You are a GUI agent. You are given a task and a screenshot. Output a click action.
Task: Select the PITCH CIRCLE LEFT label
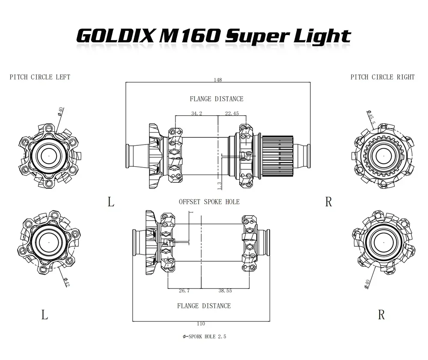40,77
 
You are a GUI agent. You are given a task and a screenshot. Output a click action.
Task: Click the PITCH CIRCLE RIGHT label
382,77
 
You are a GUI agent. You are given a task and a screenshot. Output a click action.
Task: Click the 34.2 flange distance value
196,113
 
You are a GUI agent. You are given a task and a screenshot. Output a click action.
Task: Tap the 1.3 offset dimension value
219,185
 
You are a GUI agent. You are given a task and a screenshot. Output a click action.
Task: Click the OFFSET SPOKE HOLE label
209,201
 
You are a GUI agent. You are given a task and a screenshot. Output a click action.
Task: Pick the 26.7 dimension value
184,291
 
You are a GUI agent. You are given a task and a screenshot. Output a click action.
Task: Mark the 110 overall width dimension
200,324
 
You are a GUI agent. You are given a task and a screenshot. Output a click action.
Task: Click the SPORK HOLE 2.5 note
204,337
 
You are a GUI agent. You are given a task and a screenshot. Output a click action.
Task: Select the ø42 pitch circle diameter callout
66,282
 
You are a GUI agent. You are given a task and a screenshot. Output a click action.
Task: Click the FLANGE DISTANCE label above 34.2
216,99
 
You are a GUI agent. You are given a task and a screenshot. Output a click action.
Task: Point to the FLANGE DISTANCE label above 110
204,306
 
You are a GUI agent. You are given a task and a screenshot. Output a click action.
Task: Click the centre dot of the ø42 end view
49,242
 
